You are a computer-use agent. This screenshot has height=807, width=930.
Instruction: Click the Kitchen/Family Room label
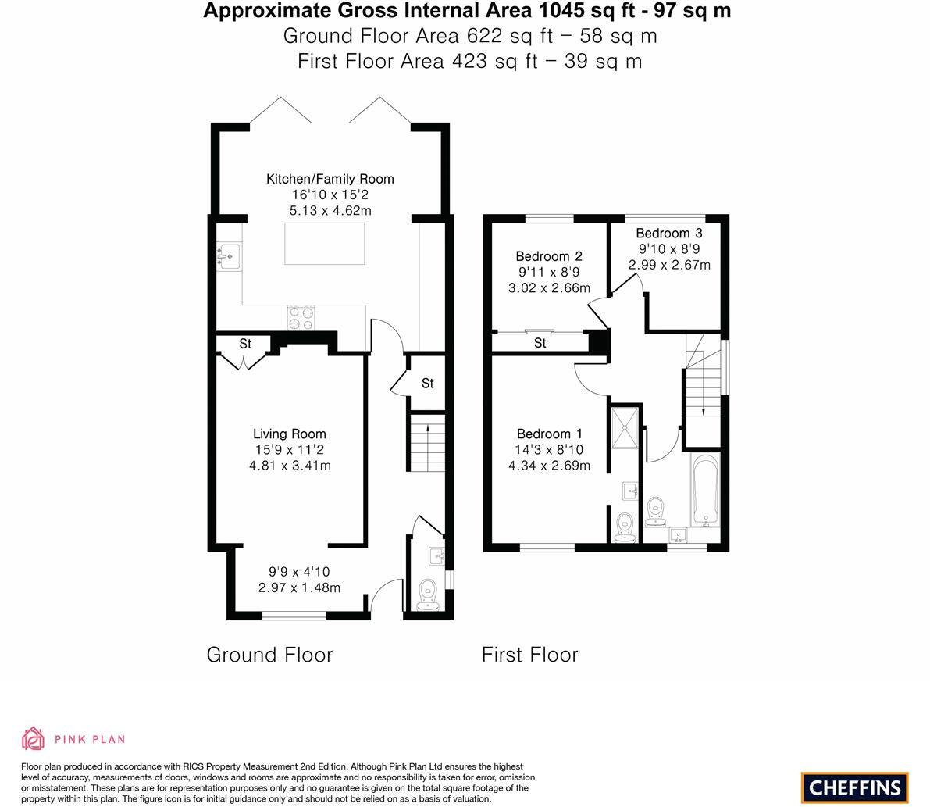pos(330,179)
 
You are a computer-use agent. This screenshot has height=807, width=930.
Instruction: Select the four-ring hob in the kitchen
pos(301,318)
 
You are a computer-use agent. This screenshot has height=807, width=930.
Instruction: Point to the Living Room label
pos(289,434)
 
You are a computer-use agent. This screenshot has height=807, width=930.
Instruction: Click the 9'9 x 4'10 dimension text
pos(299,571)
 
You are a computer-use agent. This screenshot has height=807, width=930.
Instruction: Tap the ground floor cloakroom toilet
pos(427,595)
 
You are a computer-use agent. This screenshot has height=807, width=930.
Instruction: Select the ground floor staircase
pos(426,442)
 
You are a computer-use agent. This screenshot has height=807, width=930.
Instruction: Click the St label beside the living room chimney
pos(245,344)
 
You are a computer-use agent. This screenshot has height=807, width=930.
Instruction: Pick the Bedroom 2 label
pos(548,256)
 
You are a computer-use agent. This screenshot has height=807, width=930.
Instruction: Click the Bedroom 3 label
pos(668,233)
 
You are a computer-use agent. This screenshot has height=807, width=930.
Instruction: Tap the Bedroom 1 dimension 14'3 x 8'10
pos(548,450)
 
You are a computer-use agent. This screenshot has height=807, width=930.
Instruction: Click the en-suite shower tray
pos(625,427)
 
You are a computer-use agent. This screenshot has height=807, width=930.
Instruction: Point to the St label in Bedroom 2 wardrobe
pos(540,343)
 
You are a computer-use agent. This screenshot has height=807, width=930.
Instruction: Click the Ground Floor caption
pos(269,655)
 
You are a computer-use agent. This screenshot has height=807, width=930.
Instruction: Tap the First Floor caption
pos(529,655)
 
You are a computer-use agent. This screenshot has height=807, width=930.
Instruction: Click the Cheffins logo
pos(854,787)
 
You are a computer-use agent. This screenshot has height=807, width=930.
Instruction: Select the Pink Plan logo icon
pos(33,738)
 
